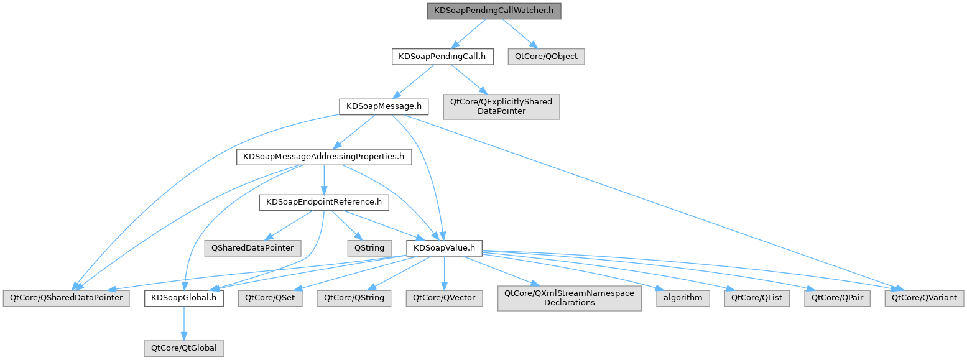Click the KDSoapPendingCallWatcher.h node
pyautogui.click(x=494, y=11)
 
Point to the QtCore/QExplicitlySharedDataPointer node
pyautogui.click(x=501, y=106)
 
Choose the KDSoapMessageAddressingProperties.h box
pyautogui.click(x=324, y=157)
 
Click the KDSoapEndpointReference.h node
pyautogui.click(x=323, y=202)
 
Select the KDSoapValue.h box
pyautogui.click(x=444, y=248)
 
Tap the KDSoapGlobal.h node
pyautogui.click(x=184, y=298)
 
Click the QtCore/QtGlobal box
pyautogui.click(x=183, y=348)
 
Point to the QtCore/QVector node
pyautogui.click(x=444, y=298)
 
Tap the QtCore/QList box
pyautogui.click(x=757, y=298)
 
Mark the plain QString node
pyautogui.click(x=369, y=248)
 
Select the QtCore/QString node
pyautogui.click(x=353, y=298)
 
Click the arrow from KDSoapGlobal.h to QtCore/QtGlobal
pyautogui.click(x=184, y=323)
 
